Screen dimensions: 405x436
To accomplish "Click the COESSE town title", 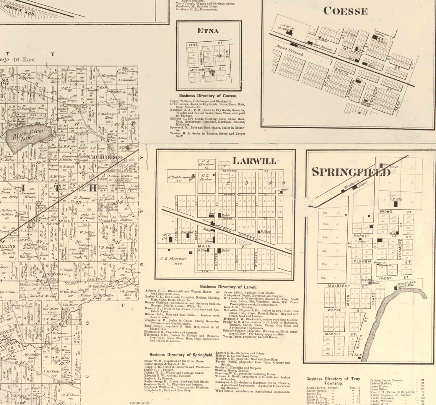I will [x=345, y=11].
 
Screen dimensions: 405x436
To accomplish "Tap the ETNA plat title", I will [x=208, y=31].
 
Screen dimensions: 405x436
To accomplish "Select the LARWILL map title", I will [x=254, y=161].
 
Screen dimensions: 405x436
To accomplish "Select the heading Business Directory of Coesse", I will [x=208, y=95].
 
